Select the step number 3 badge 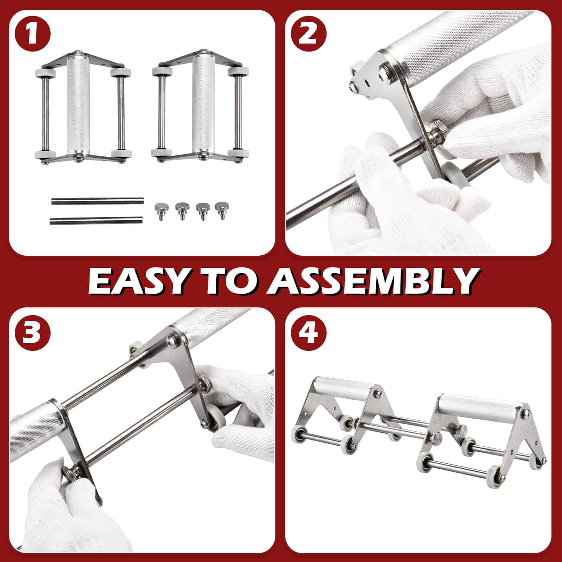[32, 332]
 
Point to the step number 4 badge [309, 332]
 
